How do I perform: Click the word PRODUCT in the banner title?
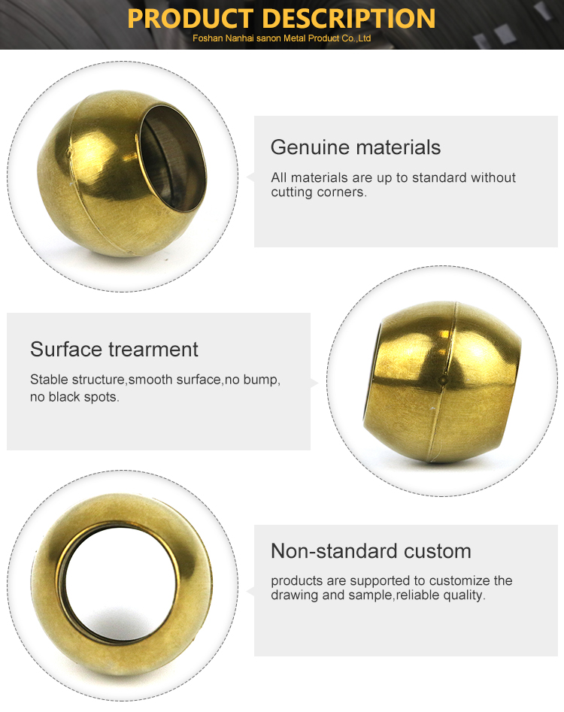coord(190,19)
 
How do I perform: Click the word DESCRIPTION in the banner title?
coord(349,19)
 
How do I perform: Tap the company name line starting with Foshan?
coord(281,38)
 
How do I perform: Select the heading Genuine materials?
coord(356,147)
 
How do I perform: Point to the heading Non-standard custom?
coord(371,551)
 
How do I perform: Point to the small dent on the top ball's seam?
coord(69,154)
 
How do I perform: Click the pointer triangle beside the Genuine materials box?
coord(250,177)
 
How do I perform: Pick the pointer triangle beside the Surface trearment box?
coord(314,383)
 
